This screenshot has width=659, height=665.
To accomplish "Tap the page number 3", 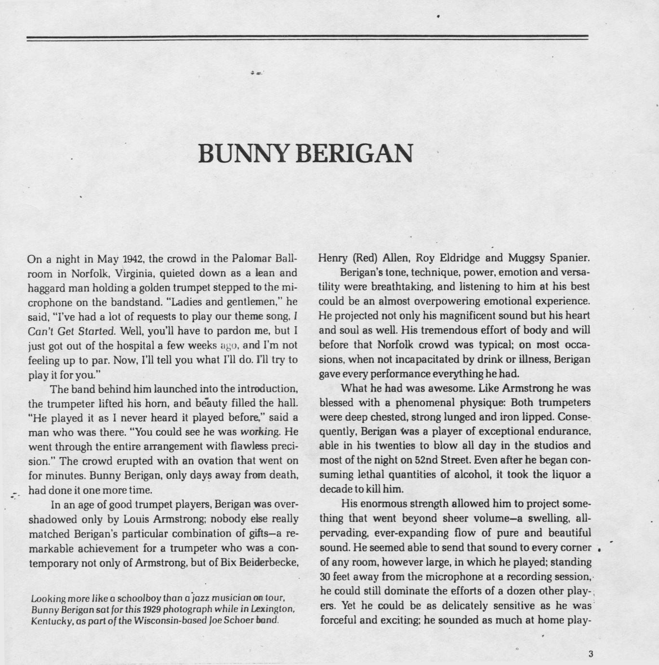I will point(591,654).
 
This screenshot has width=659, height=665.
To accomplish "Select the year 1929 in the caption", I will point(148,609).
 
